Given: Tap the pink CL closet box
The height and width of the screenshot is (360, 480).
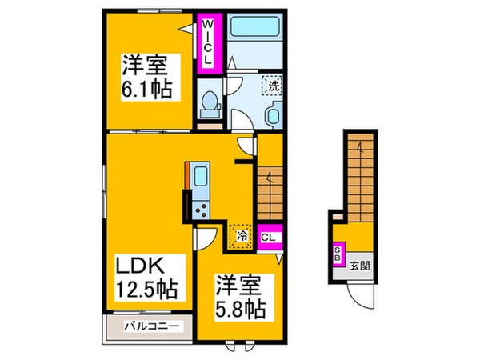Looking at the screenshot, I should pyautogui.click(x=269, y=236).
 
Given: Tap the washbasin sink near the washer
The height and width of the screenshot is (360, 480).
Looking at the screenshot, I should pyautogui.click(x=270, y=117).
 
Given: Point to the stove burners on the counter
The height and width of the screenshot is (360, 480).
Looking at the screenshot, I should pyautogui.click(x=200, y=210).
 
